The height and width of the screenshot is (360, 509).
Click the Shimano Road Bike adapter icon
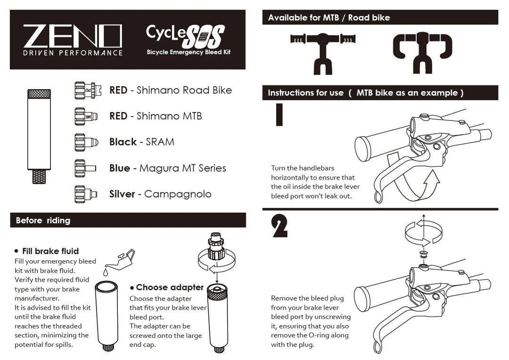[85, 90]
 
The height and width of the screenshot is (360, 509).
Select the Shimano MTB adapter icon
[85, 116]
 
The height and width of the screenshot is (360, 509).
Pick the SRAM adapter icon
[85, 142]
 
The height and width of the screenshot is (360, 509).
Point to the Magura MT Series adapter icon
[85, 168]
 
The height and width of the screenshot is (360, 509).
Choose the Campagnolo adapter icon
[85, 194]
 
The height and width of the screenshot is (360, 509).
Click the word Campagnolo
[178, 194]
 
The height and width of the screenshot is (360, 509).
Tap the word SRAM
[160, 142]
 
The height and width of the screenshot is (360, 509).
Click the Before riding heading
[43, 221]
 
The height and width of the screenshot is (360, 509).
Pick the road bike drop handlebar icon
[422, 51]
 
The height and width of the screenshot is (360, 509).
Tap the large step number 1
[279, 115]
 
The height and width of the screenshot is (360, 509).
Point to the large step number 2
[280, 227]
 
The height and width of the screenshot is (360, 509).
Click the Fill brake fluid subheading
[50, 251]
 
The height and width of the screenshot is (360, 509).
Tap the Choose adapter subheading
[170, 287]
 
